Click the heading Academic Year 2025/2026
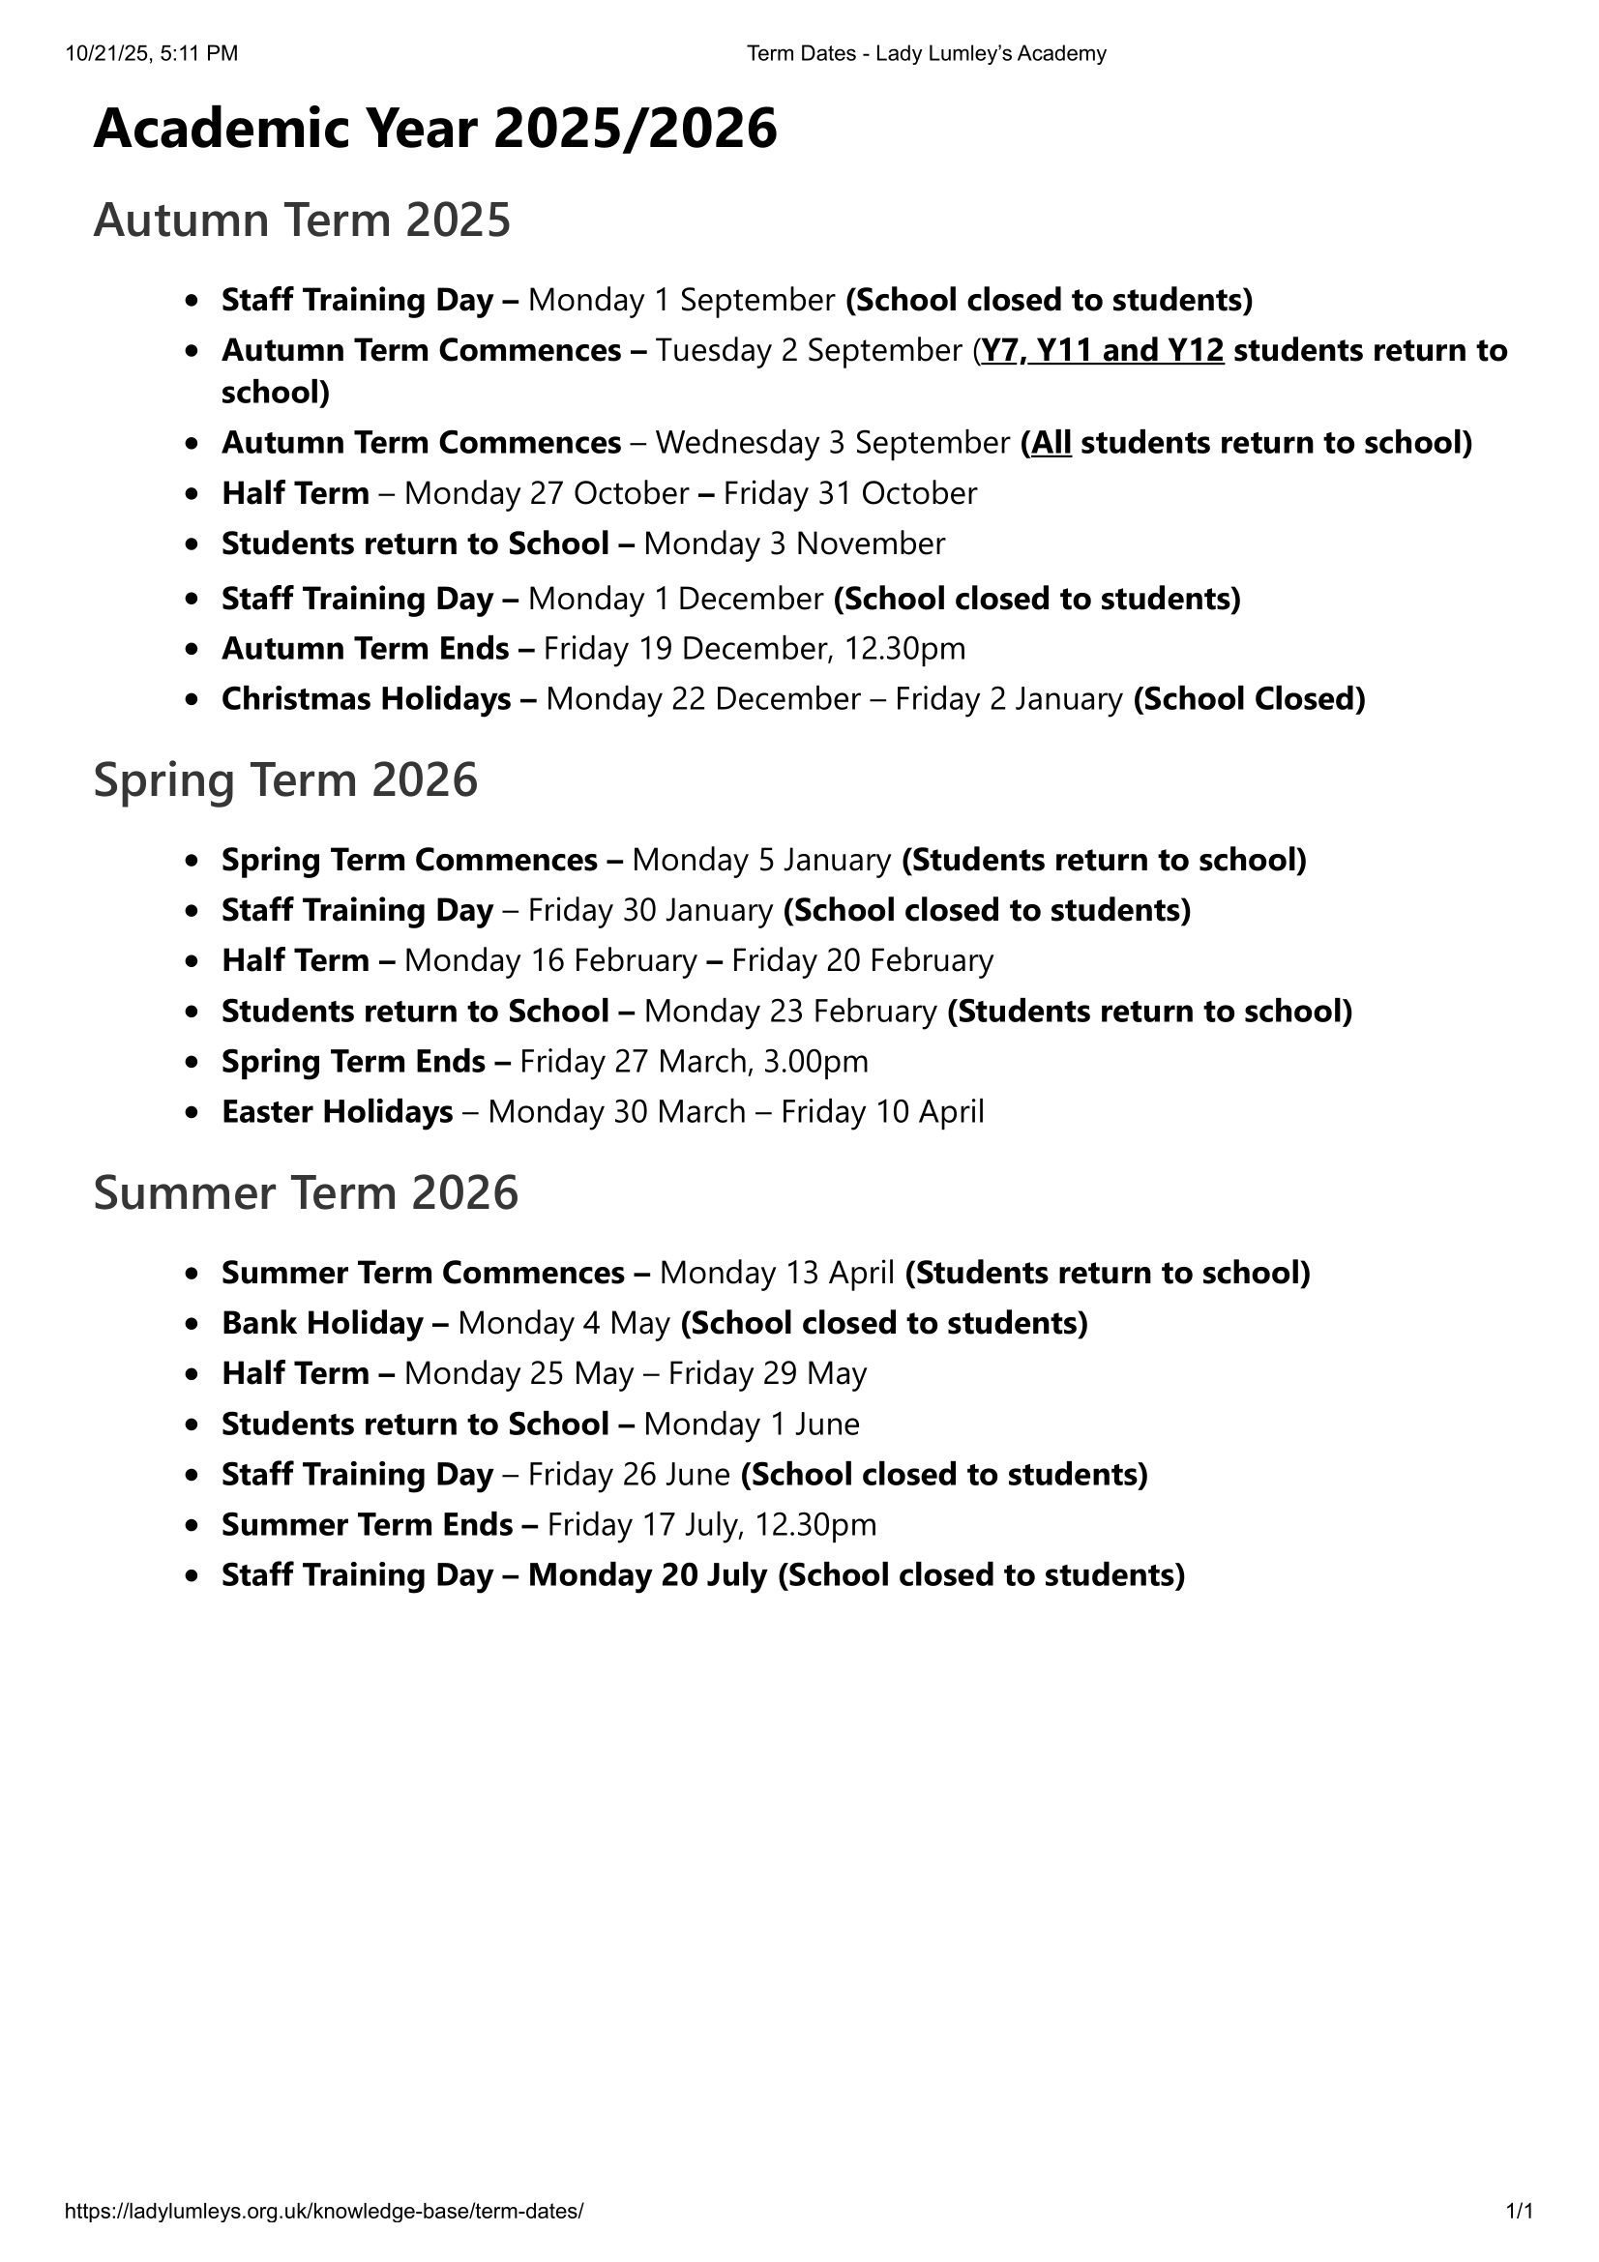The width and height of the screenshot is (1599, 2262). pos(434,129)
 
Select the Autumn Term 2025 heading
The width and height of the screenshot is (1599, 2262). pos(302,220)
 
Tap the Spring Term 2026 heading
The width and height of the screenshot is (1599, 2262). pos(284,780)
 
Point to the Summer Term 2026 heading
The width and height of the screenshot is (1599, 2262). pos(306,1193)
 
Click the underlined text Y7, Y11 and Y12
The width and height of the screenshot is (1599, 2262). pos(1103,351)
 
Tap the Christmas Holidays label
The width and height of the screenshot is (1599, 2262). pos(366,699)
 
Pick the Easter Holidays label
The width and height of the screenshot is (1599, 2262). pos(337,1112)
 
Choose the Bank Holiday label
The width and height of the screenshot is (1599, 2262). pos(322,1323)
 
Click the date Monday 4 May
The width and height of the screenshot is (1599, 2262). pos(564,1323)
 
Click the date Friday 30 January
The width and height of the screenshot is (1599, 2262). pos(650,910)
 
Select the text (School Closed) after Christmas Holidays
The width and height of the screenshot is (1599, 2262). pos(1249,699)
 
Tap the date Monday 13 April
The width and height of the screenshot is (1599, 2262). pos(778,1273)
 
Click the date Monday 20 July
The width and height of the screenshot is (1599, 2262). pos(647,1575)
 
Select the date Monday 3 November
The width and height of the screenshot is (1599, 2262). pos(794,543)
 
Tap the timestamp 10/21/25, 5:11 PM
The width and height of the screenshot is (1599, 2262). pos(152,54)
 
